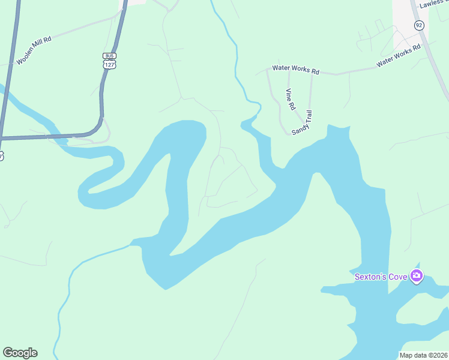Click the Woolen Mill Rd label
(34, 50)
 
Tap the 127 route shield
(109, 64)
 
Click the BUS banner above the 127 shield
(109, 56)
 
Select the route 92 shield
(418, 25)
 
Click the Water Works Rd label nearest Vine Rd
(295, 70)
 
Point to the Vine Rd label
(291, 99)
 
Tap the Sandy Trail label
(303, 123)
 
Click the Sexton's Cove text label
(381, 277)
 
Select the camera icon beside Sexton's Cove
(417, 277)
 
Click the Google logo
(20, 353)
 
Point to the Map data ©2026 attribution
(423, 355)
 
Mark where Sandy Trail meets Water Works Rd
(312, 74)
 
